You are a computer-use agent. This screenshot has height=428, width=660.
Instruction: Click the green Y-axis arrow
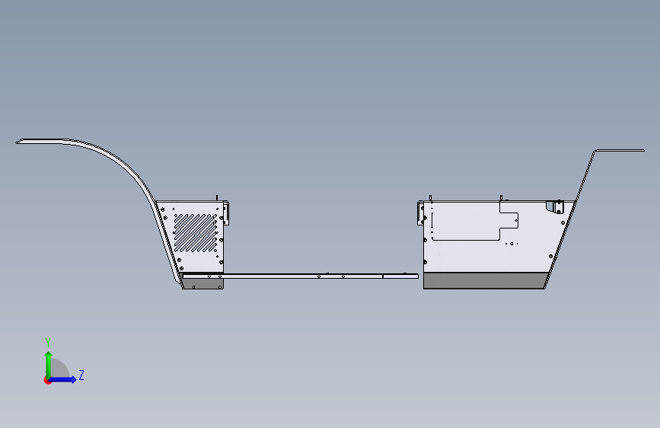pyautogui.click(x=48, y=362)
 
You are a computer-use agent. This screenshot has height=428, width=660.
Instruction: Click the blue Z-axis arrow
pyautogui.click(x=65, y=379)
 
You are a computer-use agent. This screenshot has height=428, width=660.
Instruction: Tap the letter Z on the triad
pyautogui.click(x=81, y=375)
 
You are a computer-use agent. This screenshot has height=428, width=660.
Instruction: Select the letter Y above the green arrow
pyautogui.click(x=47, y=342)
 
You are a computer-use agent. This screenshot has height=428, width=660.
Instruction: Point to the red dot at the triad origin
pyautogui.click(x=47, y=380)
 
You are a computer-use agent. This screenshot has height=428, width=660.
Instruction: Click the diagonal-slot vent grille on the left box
pyautogui.click(x=196, y=232)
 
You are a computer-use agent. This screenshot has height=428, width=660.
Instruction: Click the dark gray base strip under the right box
pyautogui.click(x=484, y=282)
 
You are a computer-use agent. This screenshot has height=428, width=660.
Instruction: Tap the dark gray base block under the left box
pyautogui.click(x=202, y=283)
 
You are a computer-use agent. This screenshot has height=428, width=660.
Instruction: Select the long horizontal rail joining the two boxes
pyautogui.click(x=320, y=275)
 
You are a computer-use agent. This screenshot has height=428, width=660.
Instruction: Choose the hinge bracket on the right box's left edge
pyautogui.click(x=421, y=212)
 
